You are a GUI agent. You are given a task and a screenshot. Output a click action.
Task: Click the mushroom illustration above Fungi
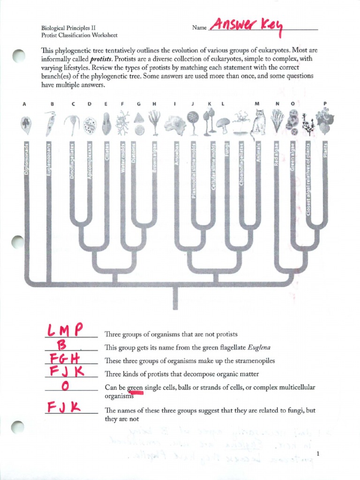(x=223, y=124)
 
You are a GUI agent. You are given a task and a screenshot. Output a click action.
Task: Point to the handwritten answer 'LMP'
(x=66, y=330)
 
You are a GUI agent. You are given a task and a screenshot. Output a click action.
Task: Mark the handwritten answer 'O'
(x=66, y=386)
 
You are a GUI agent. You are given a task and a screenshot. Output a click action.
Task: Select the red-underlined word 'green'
(x=135, y=387)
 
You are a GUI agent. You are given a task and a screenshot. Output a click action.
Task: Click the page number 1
(x=318, y=454)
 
